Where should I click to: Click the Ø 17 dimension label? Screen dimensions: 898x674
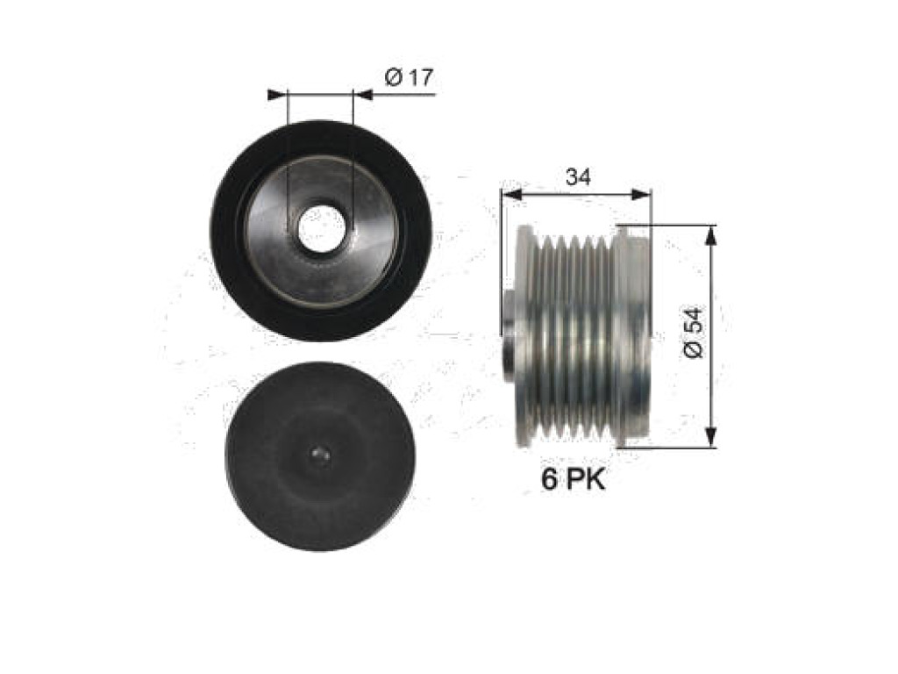(410, 77)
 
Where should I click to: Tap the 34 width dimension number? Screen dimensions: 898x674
(578, 177)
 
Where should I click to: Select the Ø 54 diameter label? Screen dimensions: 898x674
(694, 333)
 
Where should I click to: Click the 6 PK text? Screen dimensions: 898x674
(574, 479)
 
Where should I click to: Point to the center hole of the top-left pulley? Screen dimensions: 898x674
(321, 227)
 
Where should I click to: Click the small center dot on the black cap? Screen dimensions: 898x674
(319, 455)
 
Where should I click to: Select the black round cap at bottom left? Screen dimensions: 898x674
(319, 456)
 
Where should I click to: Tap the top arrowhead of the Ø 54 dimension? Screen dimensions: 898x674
(710, 236)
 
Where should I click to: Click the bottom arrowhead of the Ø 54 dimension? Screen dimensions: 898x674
(710, 435)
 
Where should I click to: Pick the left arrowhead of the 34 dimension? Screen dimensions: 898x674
(511, 194)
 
